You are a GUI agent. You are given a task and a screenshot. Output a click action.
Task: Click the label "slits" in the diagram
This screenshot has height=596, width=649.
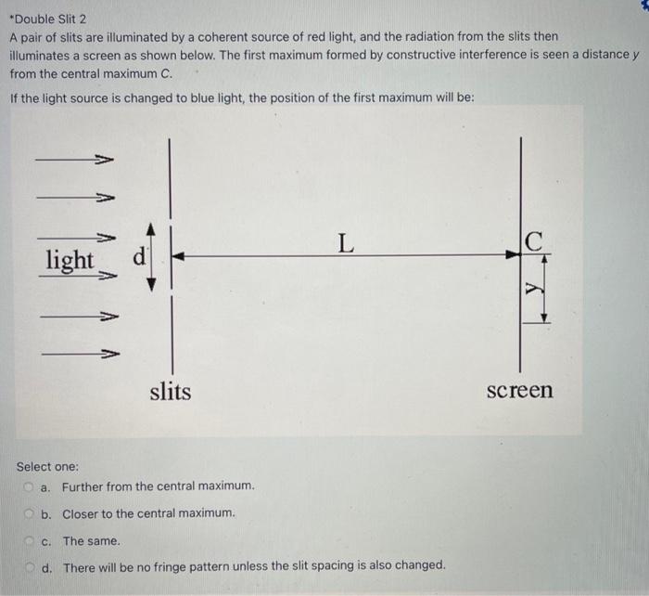(x=171, y=391)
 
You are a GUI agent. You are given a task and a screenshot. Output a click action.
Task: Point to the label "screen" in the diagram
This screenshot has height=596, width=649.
(x=519, y=390)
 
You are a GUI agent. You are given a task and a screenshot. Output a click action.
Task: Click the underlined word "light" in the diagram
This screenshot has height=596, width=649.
(x=70, y=259)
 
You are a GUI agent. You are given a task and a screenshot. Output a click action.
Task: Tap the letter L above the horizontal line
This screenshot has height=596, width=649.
(x=345, y=243)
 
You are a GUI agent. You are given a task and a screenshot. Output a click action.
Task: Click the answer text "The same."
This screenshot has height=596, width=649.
(x=91, y=540)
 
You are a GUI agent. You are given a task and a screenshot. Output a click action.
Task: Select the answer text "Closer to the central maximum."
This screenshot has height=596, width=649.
(x=148, y=513)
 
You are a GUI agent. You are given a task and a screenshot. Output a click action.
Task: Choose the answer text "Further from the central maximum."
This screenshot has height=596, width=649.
(x=158, y=486)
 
